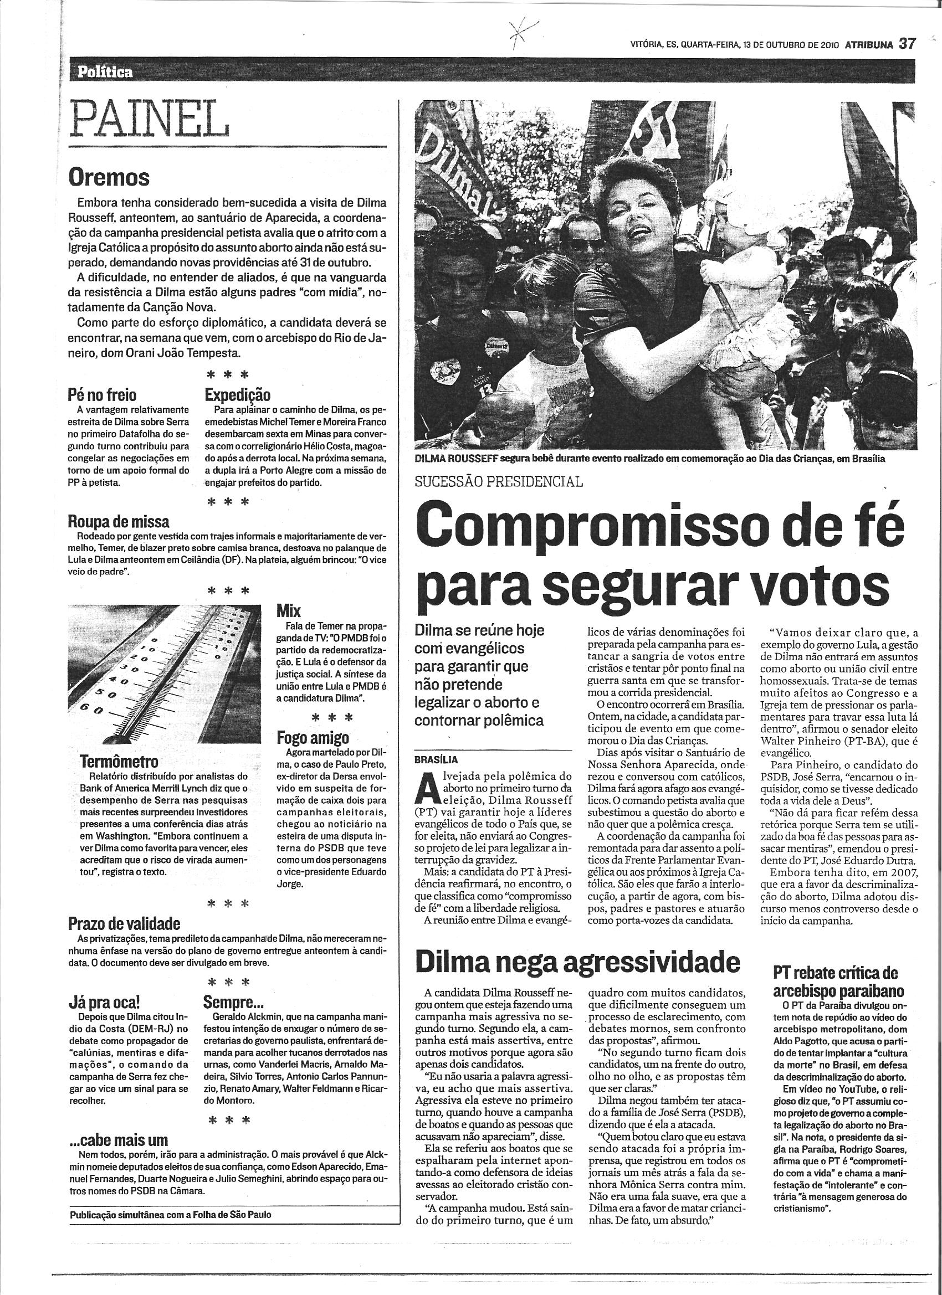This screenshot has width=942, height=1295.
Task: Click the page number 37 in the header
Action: click(x=908, y=44)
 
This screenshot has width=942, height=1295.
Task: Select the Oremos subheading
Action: click(x=108, y=178)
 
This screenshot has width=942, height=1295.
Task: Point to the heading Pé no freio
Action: click(x=103, y=395)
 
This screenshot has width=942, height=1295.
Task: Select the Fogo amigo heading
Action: click(x=313, y=738)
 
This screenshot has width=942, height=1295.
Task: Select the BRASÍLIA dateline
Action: click(x=437, y=759)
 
